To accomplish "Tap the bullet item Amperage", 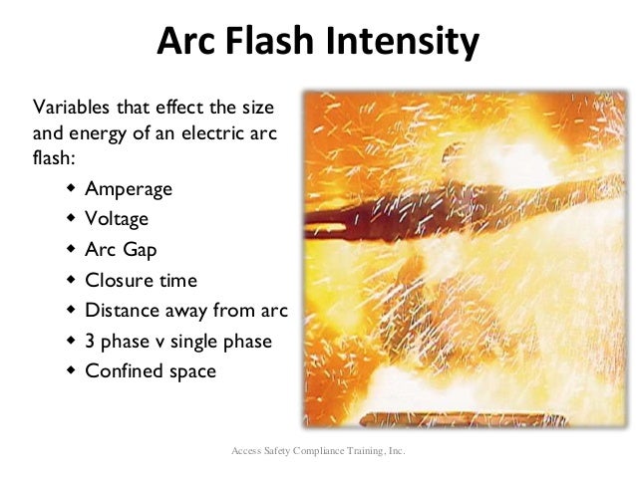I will [x=129, y=189].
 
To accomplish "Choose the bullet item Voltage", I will [x=117, y=219].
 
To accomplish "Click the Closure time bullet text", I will [x=142, y=280].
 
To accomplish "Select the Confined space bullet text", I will [x=151, y=370].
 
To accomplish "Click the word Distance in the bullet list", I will [x=120, y=310].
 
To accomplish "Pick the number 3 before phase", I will [x=91, y=341].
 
